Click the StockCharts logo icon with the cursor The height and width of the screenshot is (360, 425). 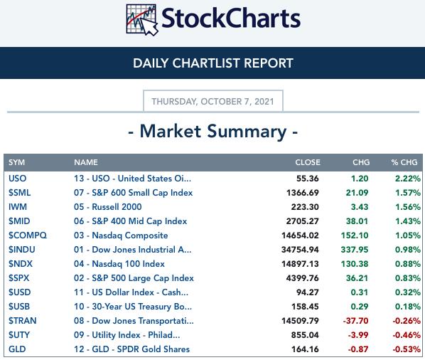[141, 20]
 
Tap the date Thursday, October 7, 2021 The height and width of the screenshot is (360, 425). [212, 102]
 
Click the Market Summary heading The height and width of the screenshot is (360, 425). [212, 132]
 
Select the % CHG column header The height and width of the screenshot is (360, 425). [404, 162]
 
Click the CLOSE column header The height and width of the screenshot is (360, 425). [308, 162]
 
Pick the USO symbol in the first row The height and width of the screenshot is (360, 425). [17, 179]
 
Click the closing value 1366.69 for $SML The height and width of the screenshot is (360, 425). [303, 193]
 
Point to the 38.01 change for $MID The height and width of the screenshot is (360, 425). [357, 221]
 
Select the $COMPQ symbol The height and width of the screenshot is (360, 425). [28, 235]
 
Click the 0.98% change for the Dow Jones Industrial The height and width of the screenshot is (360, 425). [408, 250]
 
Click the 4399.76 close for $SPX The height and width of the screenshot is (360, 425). [303, 278]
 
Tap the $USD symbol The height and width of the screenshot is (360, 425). [19, 292]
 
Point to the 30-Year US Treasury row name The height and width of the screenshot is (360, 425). [133, 307]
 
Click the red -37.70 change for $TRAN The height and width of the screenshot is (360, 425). [355, 321]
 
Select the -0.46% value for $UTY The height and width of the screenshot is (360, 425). [407, 335]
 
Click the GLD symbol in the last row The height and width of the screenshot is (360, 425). [17, 349]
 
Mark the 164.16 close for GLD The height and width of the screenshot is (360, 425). [305, 349]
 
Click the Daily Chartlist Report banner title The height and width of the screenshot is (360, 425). [213, 63]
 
